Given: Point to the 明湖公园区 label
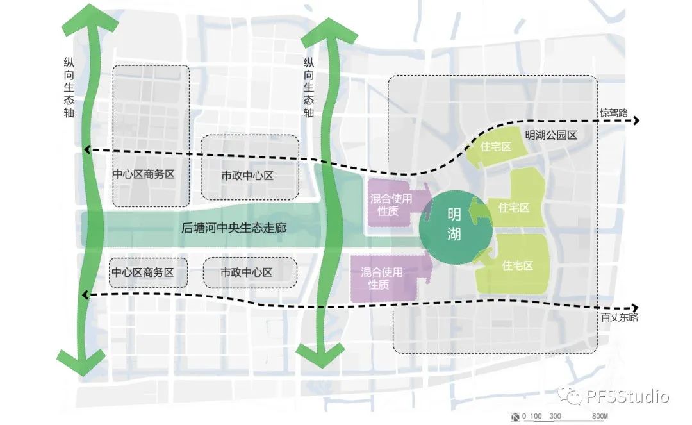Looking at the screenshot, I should tap(550, 135).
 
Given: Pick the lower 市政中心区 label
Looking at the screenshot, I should tap(247, 272).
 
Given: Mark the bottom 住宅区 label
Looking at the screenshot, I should tap(517, 265).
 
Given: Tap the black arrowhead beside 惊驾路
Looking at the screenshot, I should tap(636, 121).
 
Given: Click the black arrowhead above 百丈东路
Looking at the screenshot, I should tap(635, 308).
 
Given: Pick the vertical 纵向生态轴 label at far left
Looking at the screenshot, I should tap(69, 87).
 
